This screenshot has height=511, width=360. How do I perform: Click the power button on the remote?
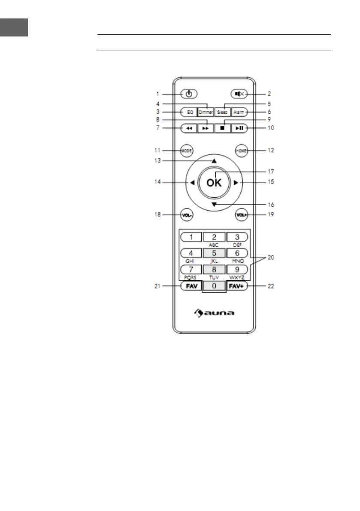pos(189,93)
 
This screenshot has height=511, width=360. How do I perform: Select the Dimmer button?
pos(206,112)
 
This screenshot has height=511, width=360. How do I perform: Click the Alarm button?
pos(239,112)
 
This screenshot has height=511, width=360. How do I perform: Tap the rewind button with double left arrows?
pos(189,128)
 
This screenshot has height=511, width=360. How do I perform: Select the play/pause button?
pos(239,128)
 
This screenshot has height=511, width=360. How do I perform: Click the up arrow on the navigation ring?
pos(214,161)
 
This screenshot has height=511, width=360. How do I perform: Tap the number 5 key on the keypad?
pos(214,253)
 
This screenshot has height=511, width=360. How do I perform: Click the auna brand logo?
pos(213,313)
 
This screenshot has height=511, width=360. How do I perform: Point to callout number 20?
pos(271,258)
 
